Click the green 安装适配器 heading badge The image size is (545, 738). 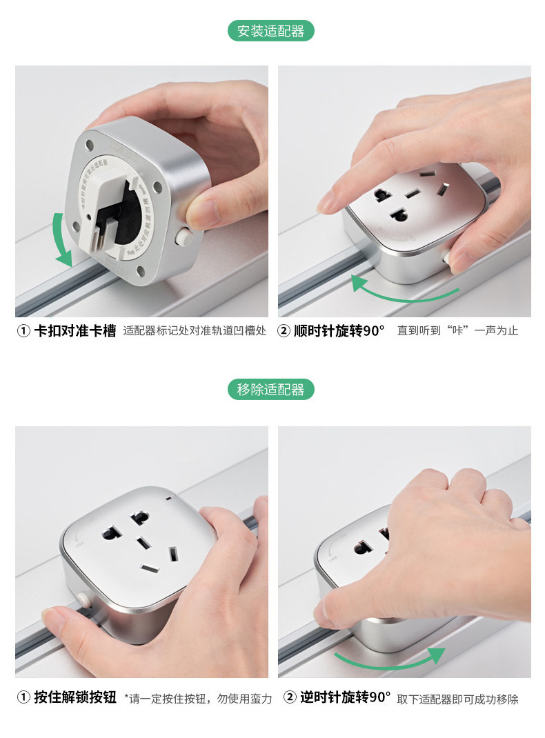(x=271, y=31)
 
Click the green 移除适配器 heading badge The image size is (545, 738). (x=271, y=390)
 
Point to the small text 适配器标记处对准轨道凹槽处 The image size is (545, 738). (x=194, y=331)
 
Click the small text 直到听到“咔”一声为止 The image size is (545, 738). (x=457, y=331)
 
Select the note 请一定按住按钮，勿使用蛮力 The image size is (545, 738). (x=198, y=699)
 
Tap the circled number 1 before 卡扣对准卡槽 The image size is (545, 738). (x=23, y=331)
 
